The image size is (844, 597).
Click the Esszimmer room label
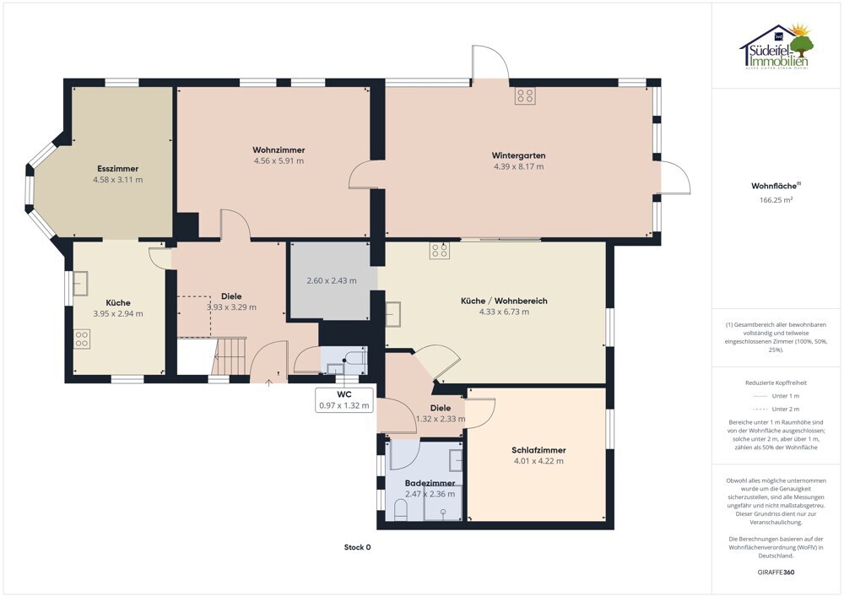coord(118,169)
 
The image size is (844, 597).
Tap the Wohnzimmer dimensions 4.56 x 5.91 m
coord(279,161)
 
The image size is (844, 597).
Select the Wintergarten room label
coord(518,155)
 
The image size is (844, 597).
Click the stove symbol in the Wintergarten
coord(525,95)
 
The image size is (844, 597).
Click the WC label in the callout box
coord(344,394)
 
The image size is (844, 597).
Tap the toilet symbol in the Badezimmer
coord(400,510)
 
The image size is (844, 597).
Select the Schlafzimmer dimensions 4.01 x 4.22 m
coord(538,461)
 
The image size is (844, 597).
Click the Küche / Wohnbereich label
coord(504,301)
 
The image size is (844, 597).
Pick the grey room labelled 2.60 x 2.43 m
coord(332,280)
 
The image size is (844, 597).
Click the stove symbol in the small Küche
coord(82,339)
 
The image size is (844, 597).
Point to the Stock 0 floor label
coord(357,547)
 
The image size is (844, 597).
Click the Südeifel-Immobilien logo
coord(776,46)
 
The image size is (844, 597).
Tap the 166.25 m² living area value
coord(776,200)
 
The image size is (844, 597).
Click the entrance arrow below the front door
coord(269,383)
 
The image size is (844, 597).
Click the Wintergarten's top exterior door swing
coord(490,62)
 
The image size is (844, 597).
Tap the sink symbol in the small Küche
coord(80,284)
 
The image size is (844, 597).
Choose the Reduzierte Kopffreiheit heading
coord(776,383)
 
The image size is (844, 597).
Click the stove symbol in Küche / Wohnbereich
coord(439,251)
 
